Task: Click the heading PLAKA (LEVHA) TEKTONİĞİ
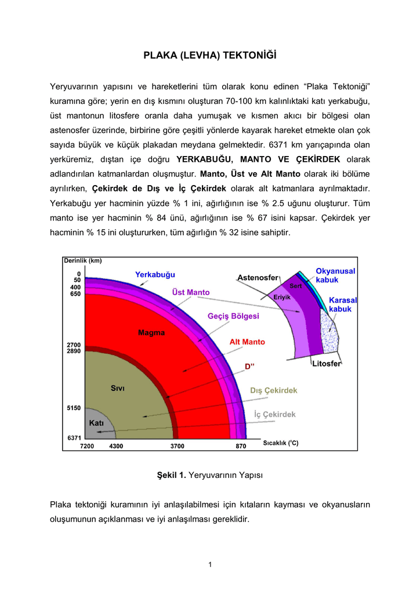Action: (210, 56)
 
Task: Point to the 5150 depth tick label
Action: (73, 408)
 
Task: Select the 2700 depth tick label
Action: (73, 345)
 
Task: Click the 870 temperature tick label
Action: (241, 446)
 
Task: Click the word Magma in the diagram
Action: (151, 333)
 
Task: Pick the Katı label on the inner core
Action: (96, 423)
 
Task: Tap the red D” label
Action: (250, 367)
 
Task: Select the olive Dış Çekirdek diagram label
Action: (274, 390)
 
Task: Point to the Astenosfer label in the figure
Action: (258, 278)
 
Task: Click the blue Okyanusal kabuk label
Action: (335, 275)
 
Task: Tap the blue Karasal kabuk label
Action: (343, 305)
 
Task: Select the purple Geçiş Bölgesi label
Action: (233, 316)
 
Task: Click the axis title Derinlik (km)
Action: (82, 260)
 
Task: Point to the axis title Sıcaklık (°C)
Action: (281, 443)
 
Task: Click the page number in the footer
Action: (210, 564)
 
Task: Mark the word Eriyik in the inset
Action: (282, 297)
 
